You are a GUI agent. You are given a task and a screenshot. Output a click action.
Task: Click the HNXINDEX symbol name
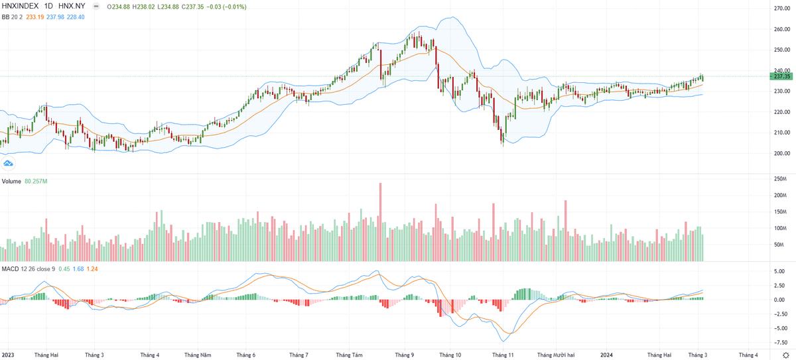[21, 6]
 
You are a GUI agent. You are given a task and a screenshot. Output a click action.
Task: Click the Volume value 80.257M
[36, 181]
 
